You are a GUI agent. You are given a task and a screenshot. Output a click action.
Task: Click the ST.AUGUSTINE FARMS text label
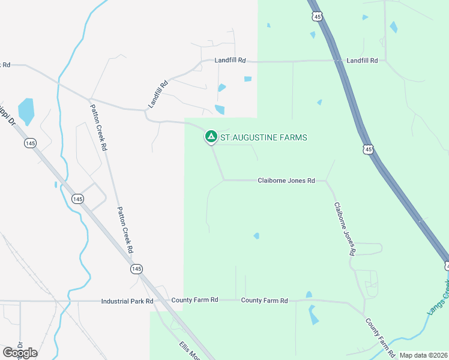pyautogui.click(x=264, y=138)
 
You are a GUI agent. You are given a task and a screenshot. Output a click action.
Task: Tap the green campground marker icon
pyautogui.click(x=211, y=137)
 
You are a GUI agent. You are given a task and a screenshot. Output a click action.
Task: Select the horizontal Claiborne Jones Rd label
pyautogui.click(x=286, y=181)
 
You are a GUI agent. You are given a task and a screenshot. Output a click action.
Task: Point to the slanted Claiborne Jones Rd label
pyautogui.click(x=343, y=229)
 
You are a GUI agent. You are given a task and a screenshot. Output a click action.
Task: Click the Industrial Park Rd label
pyautogui.click(x=127, y=301)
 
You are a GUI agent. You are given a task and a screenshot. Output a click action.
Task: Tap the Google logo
pyautogui.click(x=20, y=353)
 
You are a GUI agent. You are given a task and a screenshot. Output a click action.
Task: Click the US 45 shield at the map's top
pyautogui.click(x=318, y=16)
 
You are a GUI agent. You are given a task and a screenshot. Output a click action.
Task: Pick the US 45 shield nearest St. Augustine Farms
pyautogui.click(x=369, y=149)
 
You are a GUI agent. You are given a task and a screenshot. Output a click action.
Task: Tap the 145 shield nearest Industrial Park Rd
pyautogui.click(x=137, y=269)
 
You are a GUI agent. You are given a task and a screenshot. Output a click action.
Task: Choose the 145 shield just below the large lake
pyautogui.click(x=31, y=143)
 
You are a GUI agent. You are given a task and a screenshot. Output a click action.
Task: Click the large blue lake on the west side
pyautogui.click(x=26, y=111)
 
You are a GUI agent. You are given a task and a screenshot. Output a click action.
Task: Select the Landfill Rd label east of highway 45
pyautogui.click(x=362, y=61)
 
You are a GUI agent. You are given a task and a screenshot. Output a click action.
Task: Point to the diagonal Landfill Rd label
pyautogui.click(x=158, y=95)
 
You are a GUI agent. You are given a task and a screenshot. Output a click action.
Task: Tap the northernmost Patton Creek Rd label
pyautogui.click(x=98, y=127)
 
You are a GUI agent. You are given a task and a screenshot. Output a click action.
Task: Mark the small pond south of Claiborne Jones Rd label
pyautogui.click(x=256, y=236)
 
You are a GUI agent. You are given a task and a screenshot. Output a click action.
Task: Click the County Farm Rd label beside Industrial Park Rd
pyautogui.click(x=194, y=300)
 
